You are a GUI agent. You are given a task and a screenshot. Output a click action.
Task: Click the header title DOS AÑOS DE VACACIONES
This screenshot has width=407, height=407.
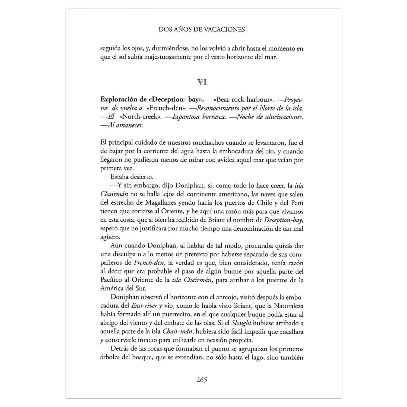(202, 30)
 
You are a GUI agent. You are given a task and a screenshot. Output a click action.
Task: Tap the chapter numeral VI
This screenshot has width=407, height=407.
(202, 82)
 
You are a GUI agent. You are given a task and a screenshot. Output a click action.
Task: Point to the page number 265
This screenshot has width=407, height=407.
(202, 380)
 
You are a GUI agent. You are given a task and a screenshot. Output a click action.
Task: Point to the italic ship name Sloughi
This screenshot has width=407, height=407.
(241, 323)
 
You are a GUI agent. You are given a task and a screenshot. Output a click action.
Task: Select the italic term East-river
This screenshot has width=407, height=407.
(144, 306)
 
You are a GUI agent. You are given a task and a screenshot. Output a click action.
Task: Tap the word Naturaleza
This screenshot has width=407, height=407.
(289, 306)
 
